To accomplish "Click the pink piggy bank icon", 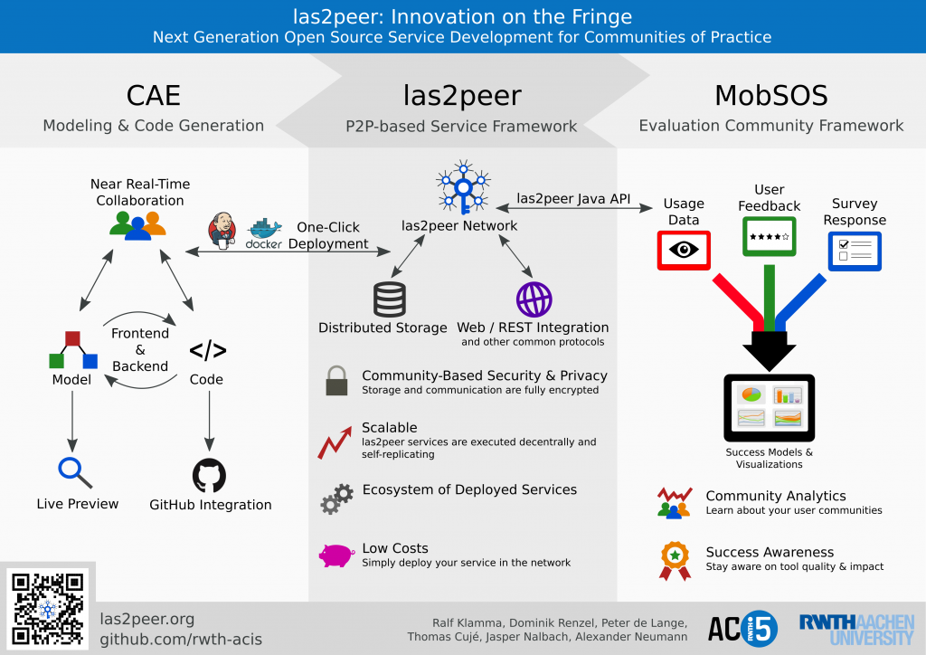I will [x=336, y=555].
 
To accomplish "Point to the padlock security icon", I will [x=336, y=380].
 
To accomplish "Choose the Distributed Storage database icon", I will [x=389, y=299].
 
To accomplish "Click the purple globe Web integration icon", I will [x=534, y=299].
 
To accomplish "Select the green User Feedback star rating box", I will [x=769, y=237].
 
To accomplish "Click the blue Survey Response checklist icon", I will [x=855, y=251].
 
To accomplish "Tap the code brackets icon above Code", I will [x=207, y=351].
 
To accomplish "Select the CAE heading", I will [x=154, y=95].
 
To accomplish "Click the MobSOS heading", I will [x=770, y=95].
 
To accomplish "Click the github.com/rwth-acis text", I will [x=181, y=639].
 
